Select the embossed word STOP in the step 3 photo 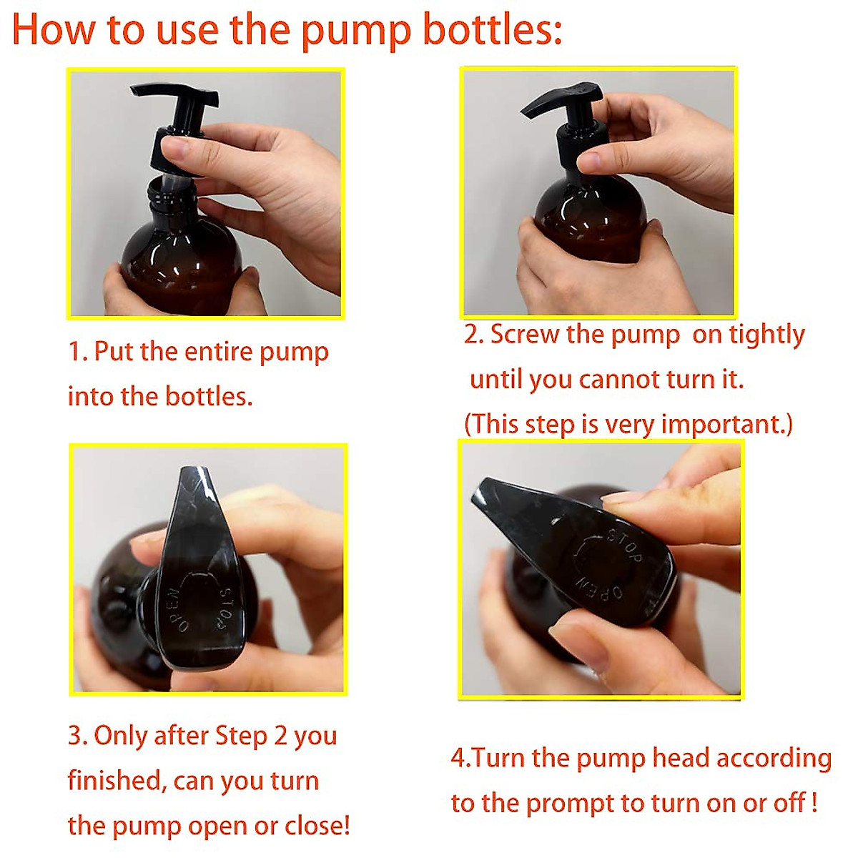(x=224, y=608)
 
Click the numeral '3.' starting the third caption (x=78, y=736)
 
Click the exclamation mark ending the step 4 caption (x=814, y=803)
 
